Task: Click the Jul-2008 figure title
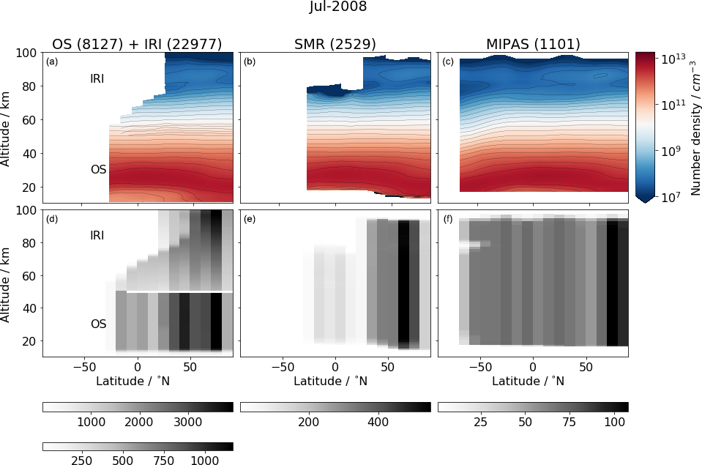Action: (337, 7)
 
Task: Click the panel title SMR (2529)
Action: (335, 44)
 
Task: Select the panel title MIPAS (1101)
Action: (532, 44)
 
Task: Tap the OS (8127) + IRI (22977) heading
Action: (137, 44)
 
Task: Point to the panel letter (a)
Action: (51, 62)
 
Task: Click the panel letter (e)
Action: (250, 219)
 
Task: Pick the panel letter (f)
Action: (448, 219)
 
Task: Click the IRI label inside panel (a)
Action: (97, 79)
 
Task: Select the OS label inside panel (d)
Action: (98, 324)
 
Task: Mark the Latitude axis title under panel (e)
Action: (335, 381)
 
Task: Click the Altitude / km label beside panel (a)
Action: (6, 127)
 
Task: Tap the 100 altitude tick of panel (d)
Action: (28, 210)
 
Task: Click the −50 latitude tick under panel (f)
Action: (477, 365)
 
